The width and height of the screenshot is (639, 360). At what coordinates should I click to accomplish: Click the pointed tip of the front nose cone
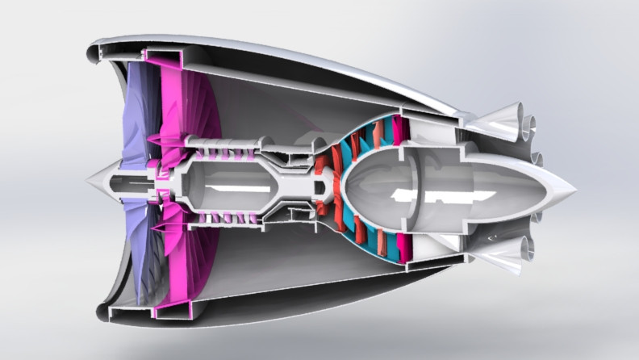coord(88,180)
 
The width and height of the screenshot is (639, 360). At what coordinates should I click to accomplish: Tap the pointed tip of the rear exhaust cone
coord(575,190)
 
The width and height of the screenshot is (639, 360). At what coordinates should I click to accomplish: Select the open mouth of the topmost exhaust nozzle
coord(529,123)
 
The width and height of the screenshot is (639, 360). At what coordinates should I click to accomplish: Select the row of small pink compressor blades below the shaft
coord(226,218)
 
